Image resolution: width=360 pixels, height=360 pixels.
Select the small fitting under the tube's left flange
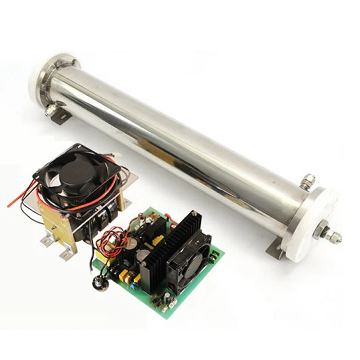coord(51,110)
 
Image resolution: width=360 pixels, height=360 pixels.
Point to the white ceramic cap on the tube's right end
coord(310,225)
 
